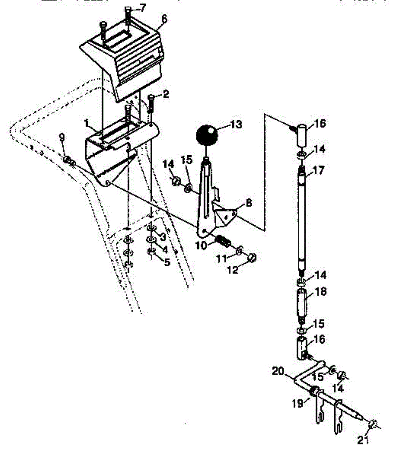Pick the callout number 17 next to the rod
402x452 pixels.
(318, 170)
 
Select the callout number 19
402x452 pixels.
(298, 404)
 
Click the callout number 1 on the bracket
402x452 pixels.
(86, 123)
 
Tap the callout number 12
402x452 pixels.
(233, 270)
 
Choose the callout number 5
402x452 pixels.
(166, 261)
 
